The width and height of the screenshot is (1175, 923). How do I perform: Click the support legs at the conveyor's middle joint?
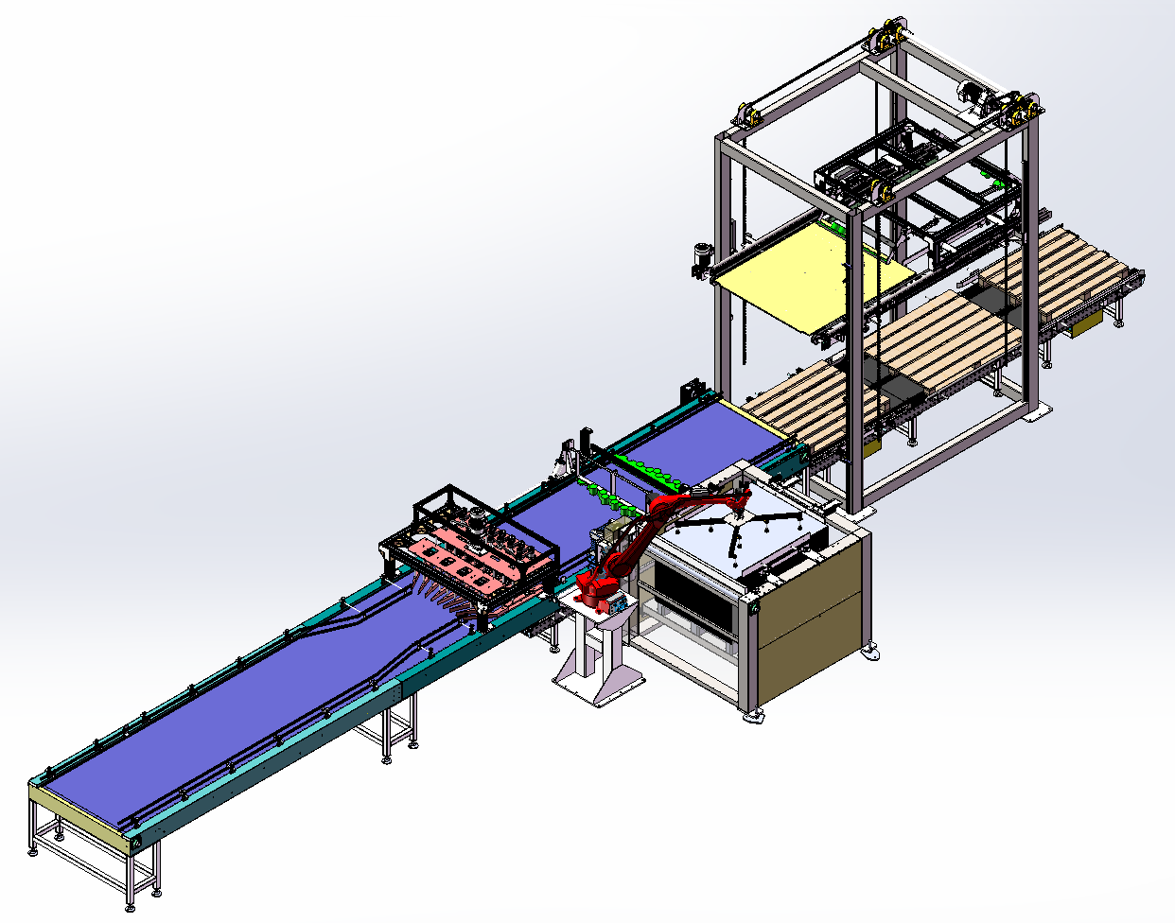(397, 728)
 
